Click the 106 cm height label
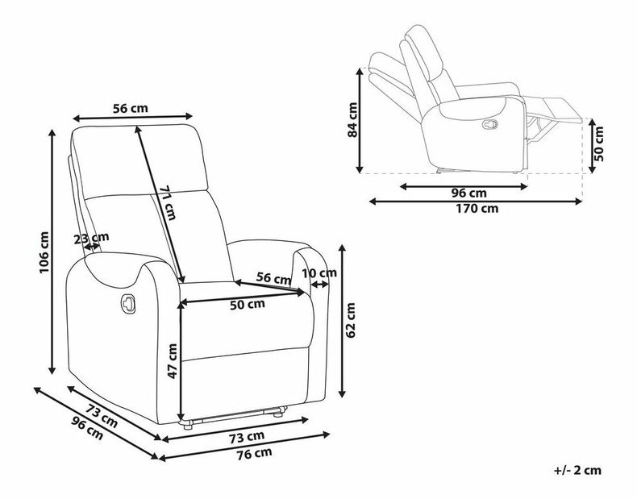coord(44,252)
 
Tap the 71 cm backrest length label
coord(168,202)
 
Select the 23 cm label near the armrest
coord(91,238)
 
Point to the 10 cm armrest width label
coord(319,273)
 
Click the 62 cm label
coord(351,320)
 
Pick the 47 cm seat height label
coord(173,361)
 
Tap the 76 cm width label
coord(255,454)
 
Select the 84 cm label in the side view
coord(352,120)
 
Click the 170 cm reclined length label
coord(477,208)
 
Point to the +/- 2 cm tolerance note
coord(577,470)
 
